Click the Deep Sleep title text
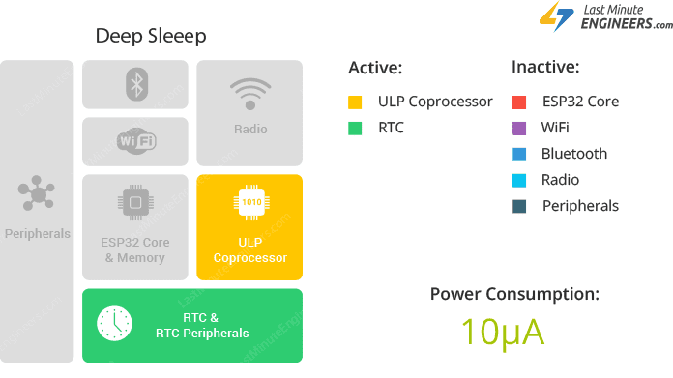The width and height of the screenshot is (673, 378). [150, 36]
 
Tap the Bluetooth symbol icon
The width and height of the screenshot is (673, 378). [135, 83]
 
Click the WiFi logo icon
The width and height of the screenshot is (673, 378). [135, 141]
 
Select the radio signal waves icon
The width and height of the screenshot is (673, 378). [249, 93]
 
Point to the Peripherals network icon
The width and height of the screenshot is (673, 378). [37, 193]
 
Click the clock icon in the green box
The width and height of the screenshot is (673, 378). [114, 323]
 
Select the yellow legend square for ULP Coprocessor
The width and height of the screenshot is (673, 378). [356, 102]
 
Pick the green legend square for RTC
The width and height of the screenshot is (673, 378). [356, 128]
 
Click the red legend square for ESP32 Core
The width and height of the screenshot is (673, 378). [519, 102]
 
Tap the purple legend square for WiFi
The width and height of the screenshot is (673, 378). [519, 128]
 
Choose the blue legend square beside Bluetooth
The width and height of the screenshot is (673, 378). [519, 154]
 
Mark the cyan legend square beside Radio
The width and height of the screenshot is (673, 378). [519, 180]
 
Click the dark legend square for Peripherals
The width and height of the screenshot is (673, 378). [519, 206]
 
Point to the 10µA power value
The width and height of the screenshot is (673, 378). [502, 332]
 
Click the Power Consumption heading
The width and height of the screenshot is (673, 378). [514, 294]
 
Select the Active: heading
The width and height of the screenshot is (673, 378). [375, 68]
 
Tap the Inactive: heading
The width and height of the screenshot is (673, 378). [545, 68]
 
